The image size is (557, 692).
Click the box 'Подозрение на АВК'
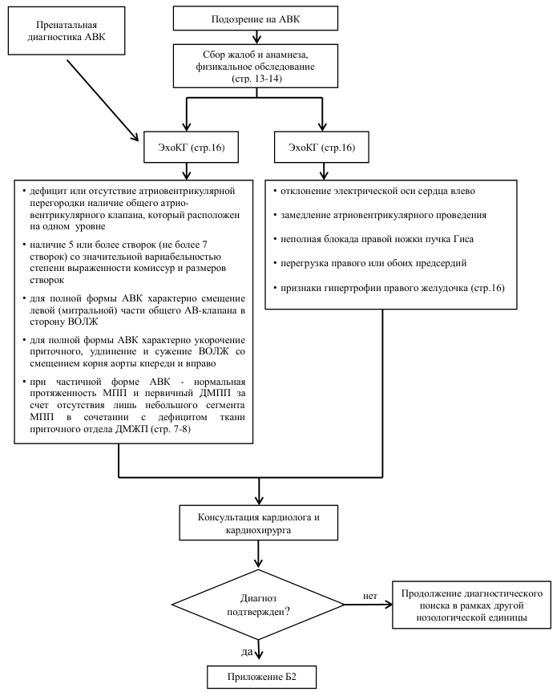[x=256, y=18]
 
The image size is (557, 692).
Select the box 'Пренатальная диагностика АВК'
[x=67, y=31]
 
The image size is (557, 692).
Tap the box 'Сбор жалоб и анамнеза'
[x=256, y=66]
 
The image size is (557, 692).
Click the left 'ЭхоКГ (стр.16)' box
[x=191, y=147]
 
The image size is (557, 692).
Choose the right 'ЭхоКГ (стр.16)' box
[x=321, y=147]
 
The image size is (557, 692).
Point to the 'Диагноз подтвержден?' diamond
[x=258, y=605]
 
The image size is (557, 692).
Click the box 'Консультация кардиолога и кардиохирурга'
[x=258, y=523]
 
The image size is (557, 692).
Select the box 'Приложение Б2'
[x=262, y=677]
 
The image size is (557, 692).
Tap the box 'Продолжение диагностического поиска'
[x=471, y=605]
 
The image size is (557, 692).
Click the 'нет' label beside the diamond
[x=370, y=596]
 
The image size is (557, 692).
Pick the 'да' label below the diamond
[x=247, y=651]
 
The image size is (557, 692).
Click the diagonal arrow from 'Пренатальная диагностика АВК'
[x=103, y=100]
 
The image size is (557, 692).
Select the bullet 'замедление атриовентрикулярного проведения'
[x=379, y=215]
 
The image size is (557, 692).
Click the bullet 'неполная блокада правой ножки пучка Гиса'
[x=373, y=239]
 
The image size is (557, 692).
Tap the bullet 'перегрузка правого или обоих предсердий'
[x=369, y=263]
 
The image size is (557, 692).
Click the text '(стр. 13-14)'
[x=256, y=79]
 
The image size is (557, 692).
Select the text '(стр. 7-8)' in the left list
[x=171, y=429]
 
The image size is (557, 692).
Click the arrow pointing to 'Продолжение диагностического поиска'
[x=368, y=605]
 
